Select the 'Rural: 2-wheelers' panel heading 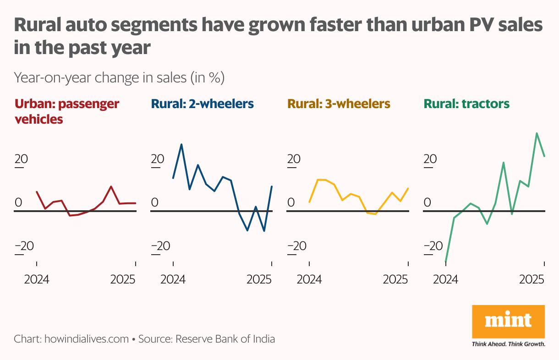coord(202,104)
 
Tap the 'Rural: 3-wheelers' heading coord(339,104)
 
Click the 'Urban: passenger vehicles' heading coord(67,111)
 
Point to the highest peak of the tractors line coord(537,133)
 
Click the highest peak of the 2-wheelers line coord(181,144)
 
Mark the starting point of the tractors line coord(446,261)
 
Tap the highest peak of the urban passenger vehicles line coord(111,186)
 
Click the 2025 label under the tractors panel coord(532,280)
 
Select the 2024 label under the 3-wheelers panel coord(309,280)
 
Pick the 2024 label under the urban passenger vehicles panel coord(36,280)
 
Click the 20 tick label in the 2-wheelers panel coord(157,159)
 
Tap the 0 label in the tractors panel coord(427,202)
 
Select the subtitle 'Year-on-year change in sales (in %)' coord(119,78)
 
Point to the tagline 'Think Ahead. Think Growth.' coord(508,344)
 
